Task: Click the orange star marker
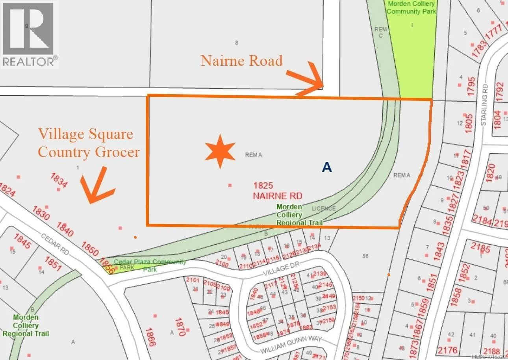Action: pyautogui.click(x=220, y=151)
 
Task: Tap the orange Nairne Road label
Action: pyautogui.click(x=241, y=61)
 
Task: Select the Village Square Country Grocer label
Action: pyautogui.click(x=89, y=143)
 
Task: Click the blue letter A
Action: pyautogui.click(x=327, y=167)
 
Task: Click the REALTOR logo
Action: pyautogui.click(x=30, y=34)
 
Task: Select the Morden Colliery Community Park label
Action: pyautogui.click(x=411, y=7)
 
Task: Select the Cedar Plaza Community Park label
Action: pyautogui.click(x=150, y=265)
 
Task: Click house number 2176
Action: pyautogui.click(x=447, y=349)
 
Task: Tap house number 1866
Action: pyautogui.click(x=150, y=337)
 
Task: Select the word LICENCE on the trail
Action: pyautogui.click(x=324, y=208)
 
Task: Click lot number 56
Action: pyautogui.click(x=365, y=256)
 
